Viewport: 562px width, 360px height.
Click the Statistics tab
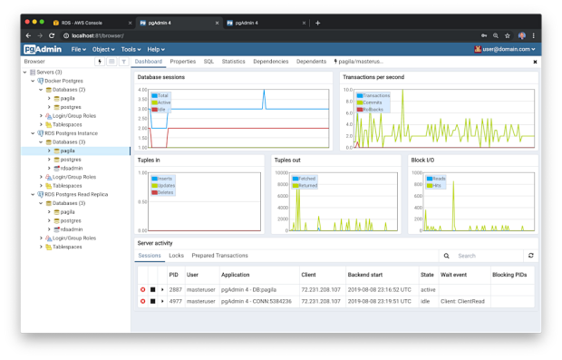pyautogui.click(x=234, y=62)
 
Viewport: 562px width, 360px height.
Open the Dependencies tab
pyautogui.click(x=271, y=62)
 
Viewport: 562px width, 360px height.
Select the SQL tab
pyautogui.click(x=208, y=62)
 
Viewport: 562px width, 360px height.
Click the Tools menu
pyautogui.click(x=131, y=49)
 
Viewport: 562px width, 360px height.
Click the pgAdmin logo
pyautogui.click(x=43, y=49)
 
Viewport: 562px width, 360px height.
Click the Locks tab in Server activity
pyautogui.click(x=176, y=256)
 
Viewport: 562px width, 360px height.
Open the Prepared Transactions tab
pyautogui.click(x=219, y=256)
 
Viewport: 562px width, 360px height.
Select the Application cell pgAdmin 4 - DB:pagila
pyautogui.click(x=248, y=289)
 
